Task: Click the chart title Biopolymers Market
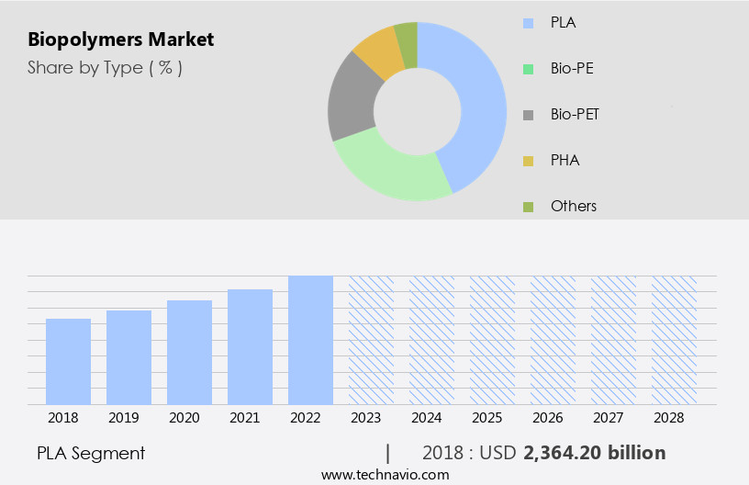point(120,39)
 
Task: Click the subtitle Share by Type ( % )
point(105,67)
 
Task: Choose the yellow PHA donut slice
point(378,53)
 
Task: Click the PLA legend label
point(564,21)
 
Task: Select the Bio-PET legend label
point(575,114)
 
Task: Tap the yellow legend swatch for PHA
point(527,161)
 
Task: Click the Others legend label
point(574,206)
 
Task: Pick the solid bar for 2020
point(189,352)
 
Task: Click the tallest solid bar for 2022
point(310,340)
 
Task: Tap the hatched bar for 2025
point(492,340)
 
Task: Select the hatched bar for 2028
point(674,340)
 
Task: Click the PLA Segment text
point(91,453)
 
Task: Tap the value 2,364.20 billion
point(594,453)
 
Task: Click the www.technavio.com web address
point(385,475)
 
